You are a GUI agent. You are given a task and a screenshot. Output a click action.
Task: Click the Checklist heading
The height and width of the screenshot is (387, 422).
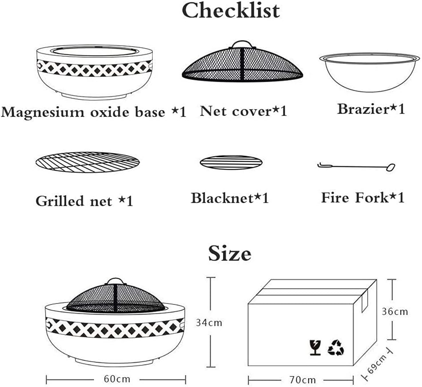pyautogui.click(x=231, y=11)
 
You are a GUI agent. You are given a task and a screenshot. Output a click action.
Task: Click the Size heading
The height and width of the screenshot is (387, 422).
pyautogui.click(x=230, y=254)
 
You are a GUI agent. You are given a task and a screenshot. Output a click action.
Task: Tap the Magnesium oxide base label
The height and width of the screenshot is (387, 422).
pyautogui.click(x=93, y=112)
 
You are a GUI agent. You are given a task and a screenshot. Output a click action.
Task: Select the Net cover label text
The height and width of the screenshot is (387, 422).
pyautogui.click(x=243, y=111)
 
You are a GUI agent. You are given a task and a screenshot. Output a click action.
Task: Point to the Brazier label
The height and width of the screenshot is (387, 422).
pyautogui.click(x=371, y=109)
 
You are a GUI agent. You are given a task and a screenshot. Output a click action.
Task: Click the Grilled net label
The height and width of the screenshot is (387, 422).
pyautogui.click(x=84, y=201)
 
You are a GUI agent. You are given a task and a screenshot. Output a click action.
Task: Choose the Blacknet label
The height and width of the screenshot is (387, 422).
pyautogui.click(x=230, y=198)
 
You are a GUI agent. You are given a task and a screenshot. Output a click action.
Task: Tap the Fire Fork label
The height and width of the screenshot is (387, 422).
pyautogui.click(x=362, y=198)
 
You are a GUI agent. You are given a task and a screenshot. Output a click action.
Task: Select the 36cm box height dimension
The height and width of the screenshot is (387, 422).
pyautogui.click(x=394, y=311)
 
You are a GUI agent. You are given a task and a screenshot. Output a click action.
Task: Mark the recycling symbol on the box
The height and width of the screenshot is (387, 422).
pyautogui.click(x=335, y=347)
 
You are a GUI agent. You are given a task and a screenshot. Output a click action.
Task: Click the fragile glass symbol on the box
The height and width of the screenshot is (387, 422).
pyautogui.click(x=315, y=347)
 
